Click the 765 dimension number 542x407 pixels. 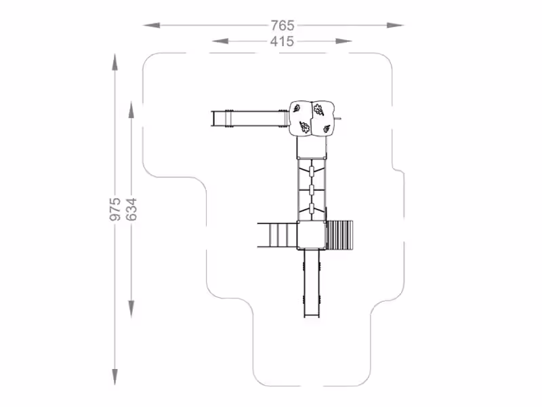(283, 25)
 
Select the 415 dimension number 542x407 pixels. (282, 41)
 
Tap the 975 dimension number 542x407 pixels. (115, 209)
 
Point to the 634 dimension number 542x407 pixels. (131, 210)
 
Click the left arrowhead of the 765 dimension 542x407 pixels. (151, 25)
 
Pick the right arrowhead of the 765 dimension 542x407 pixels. (396, 25)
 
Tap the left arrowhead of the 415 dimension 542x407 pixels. (221, 41)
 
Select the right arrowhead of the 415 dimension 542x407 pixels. (344, 41)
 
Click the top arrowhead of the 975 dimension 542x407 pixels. (114, 62)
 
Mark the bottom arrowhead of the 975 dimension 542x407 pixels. (114, 377)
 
